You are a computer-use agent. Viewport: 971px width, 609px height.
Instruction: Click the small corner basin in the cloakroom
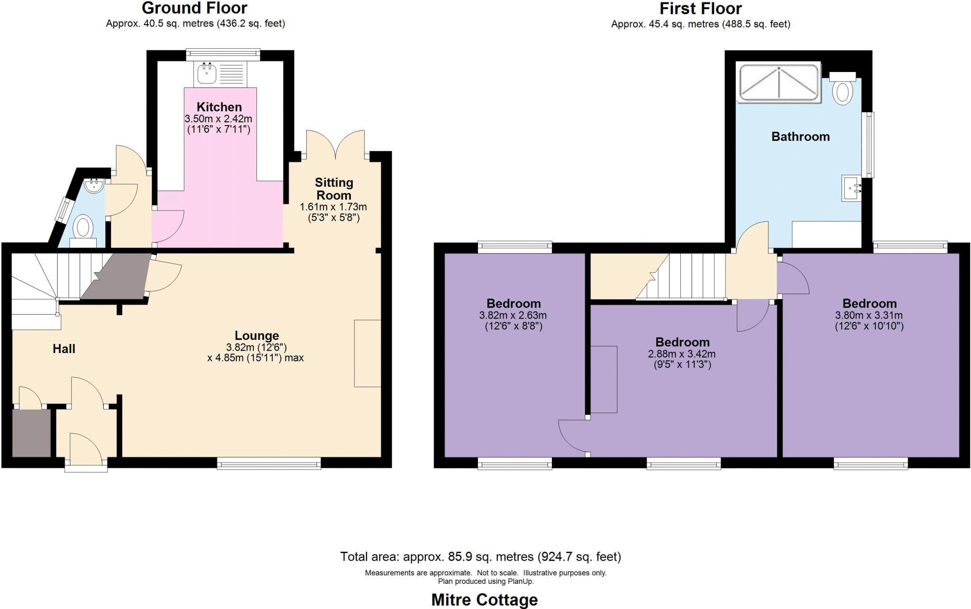click(95, 185)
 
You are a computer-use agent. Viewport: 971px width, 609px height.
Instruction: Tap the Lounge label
click(256, 336)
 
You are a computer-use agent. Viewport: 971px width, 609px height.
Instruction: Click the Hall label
click(64, 349)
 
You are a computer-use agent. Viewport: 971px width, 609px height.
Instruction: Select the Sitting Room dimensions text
click(333, 212)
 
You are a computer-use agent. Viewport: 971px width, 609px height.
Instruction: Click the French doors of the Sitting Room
click(336, 145)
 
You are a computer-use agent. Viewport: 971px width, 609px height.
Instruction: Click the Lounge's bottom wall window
click(269, 463)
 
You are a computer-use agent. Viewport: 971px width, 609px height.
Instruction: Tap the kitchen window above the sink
click(223, 55)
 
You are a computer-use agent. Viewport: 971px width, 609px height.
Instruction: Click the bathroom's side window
click(868, 145)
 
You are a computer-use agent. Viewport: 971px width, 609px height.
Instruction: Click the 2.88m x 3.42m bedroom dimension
click(682, 359)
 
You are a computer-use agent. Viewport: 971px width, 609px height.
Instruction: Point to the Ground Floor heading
click(195, 8)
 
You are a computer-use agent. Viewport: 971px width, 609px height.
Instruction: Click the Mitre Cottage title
click(485, 600)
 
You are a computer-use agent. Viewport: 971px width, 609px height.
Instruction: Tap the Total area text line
click(480, 556)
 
